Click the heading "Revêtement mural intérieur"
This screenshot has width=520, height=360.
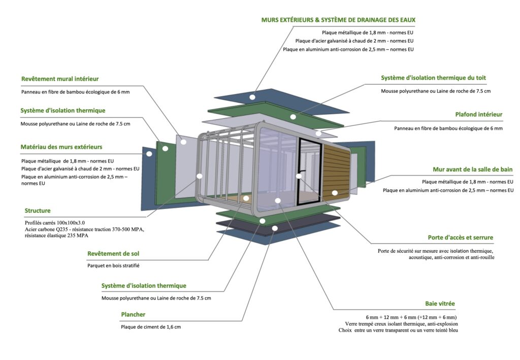[60, 79]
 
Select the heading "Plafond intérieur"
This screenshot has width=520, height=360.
[478, 115]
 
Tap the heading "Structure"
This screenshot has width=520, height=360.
[38, 211]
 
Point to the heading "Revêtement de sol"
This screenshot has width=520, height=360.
[113, 253]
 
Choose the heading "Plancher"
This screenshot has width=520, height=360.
[133, 315]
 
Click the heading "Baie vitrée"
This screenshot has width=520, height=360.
[440, 304]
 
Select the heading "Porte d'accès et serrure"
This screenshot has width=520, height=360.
[460, 238]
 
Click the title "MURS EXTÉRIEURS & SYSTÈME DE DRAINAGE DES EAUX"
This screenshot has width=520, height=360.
[338, 20]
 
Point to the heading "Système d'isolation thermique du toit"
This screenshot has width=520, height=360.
[433, 78]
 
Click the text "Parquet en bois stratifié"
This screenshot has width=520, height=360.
[113, 266]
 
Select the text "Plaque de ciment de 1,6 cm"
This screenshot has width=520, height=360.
[151, 327]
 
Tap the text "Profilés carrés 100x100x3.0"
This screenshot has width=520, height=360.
[55, 222]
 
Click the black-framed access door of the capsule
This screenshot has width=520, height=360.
[310, 170]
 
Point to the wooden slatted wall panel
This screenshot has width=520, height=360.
[337, 173]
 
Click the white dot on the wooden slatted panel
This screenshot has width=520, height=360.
[335, 193]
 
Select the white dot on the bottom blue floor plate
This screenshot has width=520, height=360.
[275, 228]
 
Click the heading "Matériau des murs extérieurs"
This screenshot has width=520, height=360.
[61, 147]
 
